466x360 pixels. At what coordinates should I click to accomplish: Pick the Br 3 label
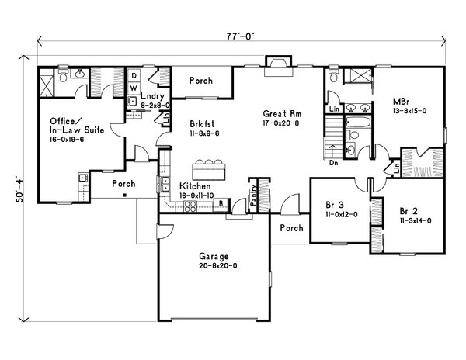click(x=335, y=206)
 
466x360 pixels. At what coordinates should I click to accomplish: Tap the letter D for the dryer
click(x=134, y=76)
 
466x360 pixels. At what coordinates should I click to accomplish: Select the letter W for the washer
click(x=134, y=87)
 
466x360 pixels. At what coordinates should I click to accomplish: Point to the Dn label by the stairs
click(x=335, y=164)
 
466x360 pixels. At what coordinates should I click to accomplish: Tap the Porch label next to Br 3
click(x=291, y=229)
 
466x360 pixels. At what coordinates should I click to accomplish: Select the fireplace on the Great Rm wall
click(x=277, y=67)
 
